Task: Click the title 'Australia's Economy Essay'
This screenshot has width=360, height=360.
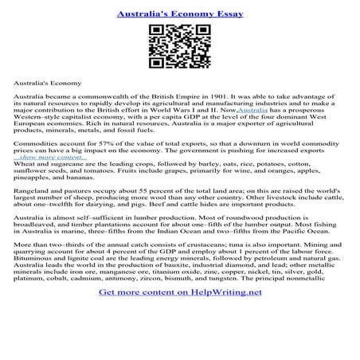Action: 179,14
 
